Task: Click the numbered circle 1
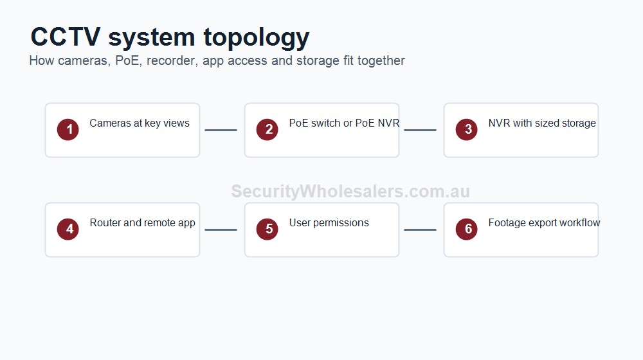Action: tap(68, 130)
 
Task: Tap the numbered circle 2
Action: tap(267, 130)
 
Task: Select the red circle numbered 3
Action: tap(467, 130)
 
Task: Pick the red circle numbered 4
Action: tap(68, 230)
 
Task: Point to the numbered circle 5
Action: tap(267, 230)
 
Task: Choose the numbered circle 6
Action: tap(467, 230)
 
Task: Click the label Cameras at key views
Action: tap(140, 123)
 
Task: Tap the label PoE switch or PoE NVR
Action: tap(344, 123)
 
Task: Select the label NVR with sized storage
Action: tap(542, 123)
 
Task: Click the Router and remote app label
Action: tap(142, 223)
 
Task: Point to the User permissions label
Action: tap(329, 223)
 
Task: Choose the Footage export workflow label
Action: tap(544, 223)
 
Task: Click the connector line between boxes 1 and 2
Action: tap(221, 130)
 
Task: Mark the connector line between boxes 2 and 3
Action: tap(421, 130)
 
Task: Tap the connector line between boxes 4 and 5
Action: tap(221, 230)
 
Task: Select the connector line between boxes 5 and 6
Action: tap(421, 230)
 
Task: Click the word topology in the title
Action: tap(257, 38)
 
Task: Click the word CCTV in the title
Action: tap(66, 37)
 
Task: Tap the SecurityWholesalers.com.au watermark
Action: tap(350, 192)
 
